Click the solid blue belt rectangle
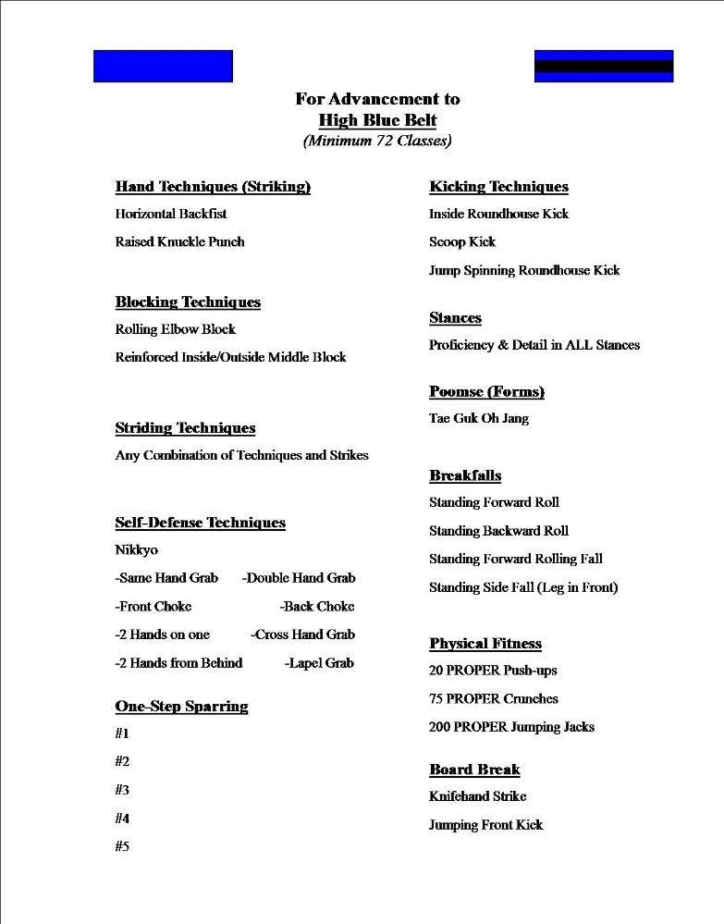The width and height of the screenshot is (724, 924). (x=163, y=67)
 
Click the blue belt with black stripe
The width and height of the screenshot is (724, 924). (x=604, y=67)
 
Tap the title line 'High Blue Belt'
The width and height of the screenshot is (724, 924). (x=377, y=120)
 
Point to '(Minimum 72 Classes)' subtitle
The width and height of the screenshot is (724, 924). (x=377, y=142)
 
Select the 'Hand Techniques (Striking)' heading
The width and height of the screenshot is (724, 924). (x=213, y=187)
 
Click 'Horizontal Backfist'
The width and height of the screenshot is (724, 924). (x=171, y=214)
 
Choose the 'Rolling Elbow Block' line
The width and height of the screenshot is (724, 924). (x=176, y=329)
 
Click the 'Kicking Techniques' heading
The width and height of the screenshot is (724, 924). (x=498, y=187)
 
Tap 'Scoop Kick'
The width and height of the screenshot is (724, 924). (x=462, y=242)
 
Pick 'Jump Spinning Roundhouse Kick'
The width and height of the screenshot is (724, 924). (x=524, y=271)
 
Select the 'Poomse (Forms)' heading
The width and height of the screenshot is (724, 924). (x=486, y=392)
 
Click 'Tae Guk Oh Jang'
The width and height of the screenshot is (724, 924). (x=479, y=419)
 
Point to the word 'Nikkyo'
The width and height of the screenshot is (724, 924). (x=137, y=550)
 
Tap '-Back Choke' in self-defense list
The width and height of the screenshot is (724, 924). (x=316, y=607)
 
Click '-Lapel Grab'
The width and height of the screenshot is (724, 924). (x=319, y=663)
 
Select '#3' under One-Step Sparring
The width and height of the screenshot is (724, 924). (x=122, y=790)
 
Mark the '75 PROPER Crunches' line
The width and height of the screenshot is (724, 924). (x=494, y=699)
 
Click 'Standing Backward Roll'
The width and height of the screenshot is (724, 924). (x=498, y=531)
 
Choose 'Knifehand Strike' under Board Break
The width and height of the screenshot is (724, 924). (x=477, y=796)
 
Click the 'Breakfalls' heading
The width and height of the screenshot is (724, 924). (x=465, y=476)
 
